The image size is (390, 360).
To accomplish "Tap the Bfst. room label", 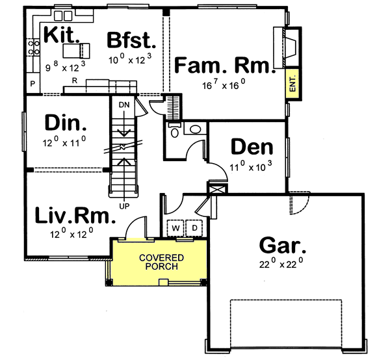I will pyautogui.click(x=132, y=41).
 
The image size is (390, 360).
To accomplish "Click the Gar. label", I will pyautogui.click(x=283, y=246).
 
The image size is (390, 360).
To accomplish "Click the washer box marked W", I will pyautogui.click(x=175, y=229).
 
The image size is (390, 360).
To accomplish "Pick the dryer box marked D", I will pyautogui.click(x=194, y=229).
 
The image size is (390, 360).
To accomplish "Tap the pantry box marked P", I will pyautogui.click(x=33, y=84).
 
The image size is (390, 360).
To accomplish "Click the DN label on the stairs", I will pyautogui.click(x=123, y=103).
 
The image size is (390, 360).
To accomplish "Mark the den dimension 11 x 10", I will pyautogui.click(x=251, y=166).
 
